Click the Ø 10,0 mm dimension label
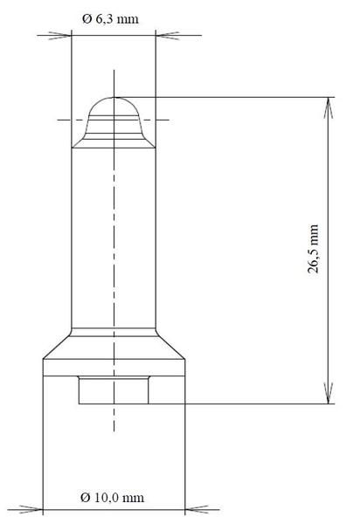point(112,497)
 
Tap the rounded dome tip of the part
point(114,109)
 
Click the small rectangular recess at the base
point(114,390)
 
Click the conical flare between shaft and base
point(114,346)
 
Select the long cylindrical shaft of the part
point(114,236)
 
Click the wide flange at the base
point(114,366)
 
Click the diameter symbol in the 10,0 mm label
point(86,497)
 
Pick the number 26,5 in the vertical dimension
point(314,260)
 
